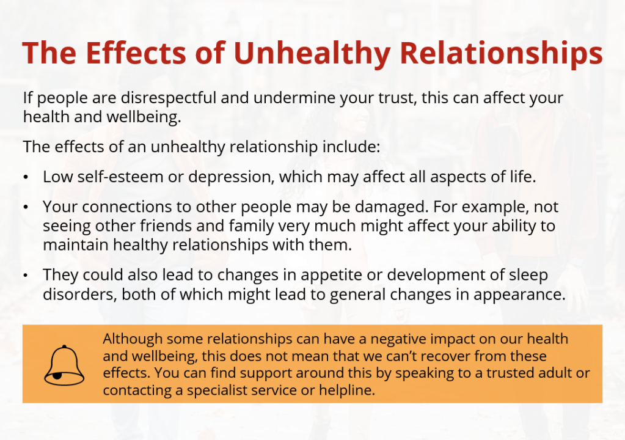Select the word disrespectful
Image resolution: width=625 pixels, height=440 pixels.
pos(169,98)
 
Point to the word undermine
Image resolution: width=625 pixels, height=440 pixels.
pos(294,98)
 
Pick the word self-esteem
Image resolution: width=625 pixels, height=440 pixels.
pos(120,177)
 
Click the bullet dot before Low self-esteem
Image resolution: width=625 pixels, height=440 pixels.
pos(26,177)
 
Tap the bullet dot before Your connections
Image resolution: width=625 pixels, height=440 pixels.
pos(26,207)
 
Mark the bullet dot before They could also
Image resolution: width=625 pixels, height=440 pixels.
pos(26,276)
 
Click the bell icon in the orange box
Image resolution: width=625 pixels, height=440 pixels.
pos(64,365)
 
